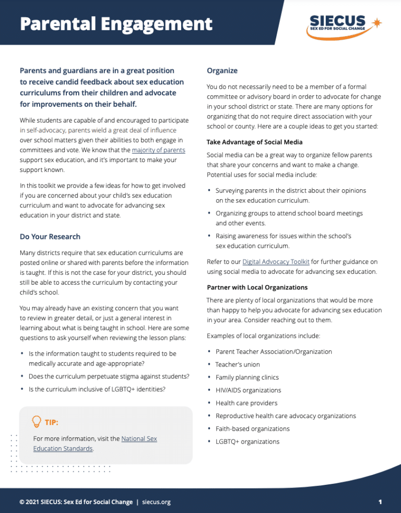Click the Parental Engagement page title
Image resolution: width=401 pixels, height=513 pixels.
click(x=116, y=24)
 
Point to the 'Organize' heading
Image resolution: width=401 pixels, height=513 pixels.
click(x=222, y=70)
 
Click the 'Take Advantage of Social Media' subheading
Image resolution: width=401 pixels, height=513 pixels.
click(x=254, y=142)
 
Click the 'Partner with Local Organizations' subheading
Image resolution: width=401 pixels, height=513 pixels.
click(x=257, y=287)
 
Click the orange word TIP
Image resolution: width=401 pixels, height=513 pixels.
click(x=51, y=421)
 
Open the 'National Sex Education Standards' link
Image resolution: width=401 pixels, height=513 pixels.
click(x=138, y=439)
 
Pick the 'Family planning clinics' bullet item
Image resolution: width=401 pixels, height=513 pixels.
click(x=247, y=377)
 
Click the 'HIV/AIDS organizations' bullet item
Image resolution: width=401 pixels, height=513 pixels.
click(x=248, y=390)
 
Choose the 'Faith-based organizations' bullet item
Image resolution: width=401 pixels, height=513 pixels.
click(x=252, y=429)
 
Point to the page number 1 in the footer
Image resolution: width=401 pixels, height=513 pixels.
click(x=381, y=502)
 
